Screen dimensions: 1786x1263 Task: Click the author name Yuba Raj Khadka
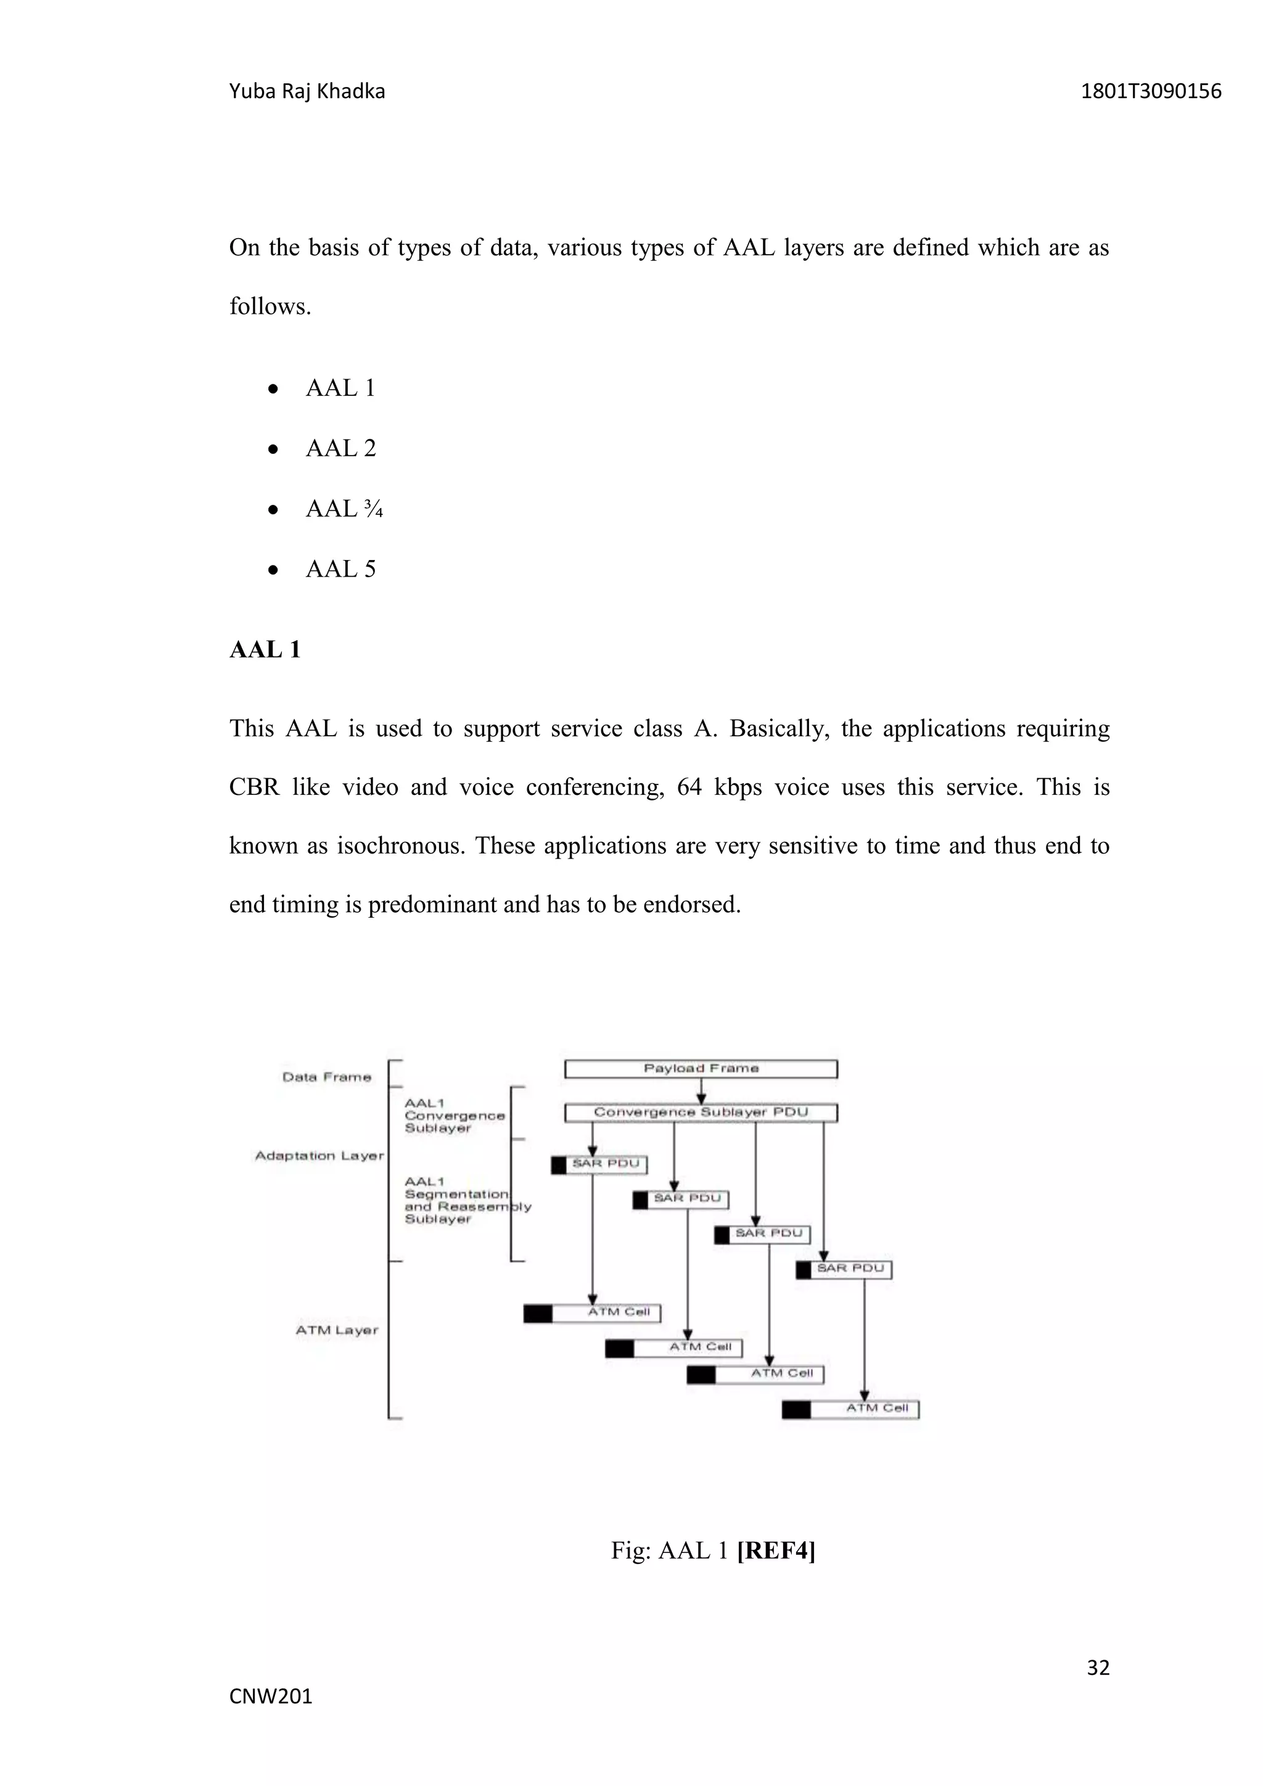(x=306, y=92)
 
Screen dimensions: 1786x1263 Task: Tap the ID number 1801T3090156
(x=1151, y=92)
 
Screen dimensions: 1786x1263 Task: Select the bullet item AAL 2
(x=340, y=449)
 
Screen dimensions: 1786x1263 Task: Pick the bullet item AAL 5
(x=340, y=569)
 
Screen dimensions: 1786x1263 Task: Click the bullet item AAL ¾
(x=344, y=509)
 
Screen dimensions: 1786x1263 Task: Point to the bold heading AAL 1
(x=265, y=650)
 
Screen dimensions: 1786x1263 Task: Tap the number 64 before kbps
(x=689, y=787)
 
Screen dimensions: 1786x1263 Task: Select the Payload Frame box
(x=701, y=1069)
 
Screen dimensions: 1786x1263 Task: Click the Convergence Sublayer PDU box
(x=701, y=1113)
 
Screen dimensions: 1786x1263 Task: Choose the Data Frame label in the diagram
(x=327, y=1077)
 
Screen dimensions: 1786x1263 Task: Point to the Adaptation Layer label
(x=319, y=1156)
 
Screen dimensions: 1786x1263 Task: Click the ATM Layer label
(x=337, y=1330)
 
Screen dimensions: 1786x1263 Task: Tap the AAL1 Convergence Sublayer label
(x=454, y=1116)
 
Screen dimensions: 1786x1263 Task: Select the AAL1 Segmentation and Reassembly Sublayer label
(x=467, y=1200)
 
